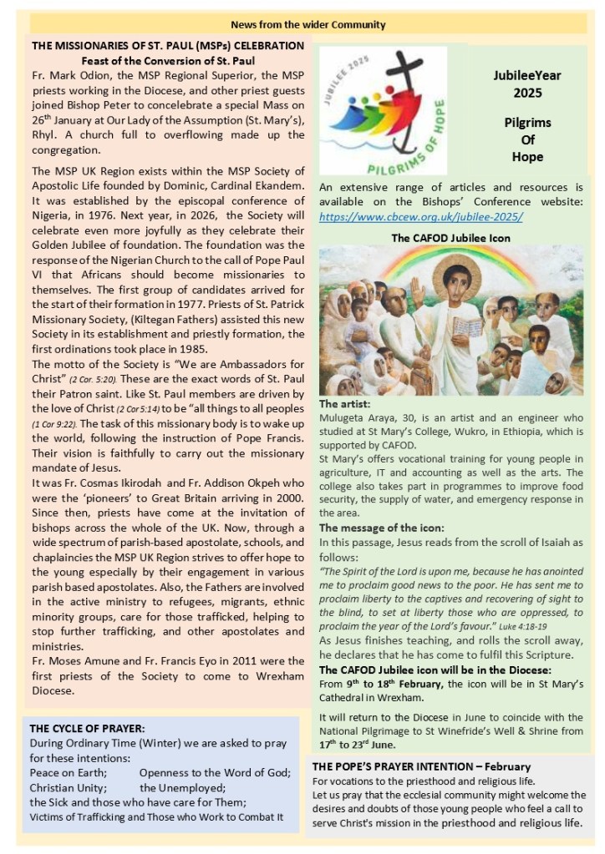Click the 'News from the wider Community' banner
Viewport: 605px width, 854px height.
tap(302, 25)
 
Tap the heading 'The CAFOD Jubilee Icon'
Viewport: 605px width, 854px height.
tap(450, 237)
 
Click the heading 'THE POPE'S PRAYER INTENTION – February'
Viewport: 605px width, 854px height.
tap(421, 766)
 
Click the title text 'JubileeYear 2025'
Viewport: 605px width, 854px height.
tap(527, 83)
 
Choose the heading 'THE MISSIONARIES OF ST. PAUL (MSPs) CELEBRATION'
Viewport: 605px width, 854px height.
tap(166, 45)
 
